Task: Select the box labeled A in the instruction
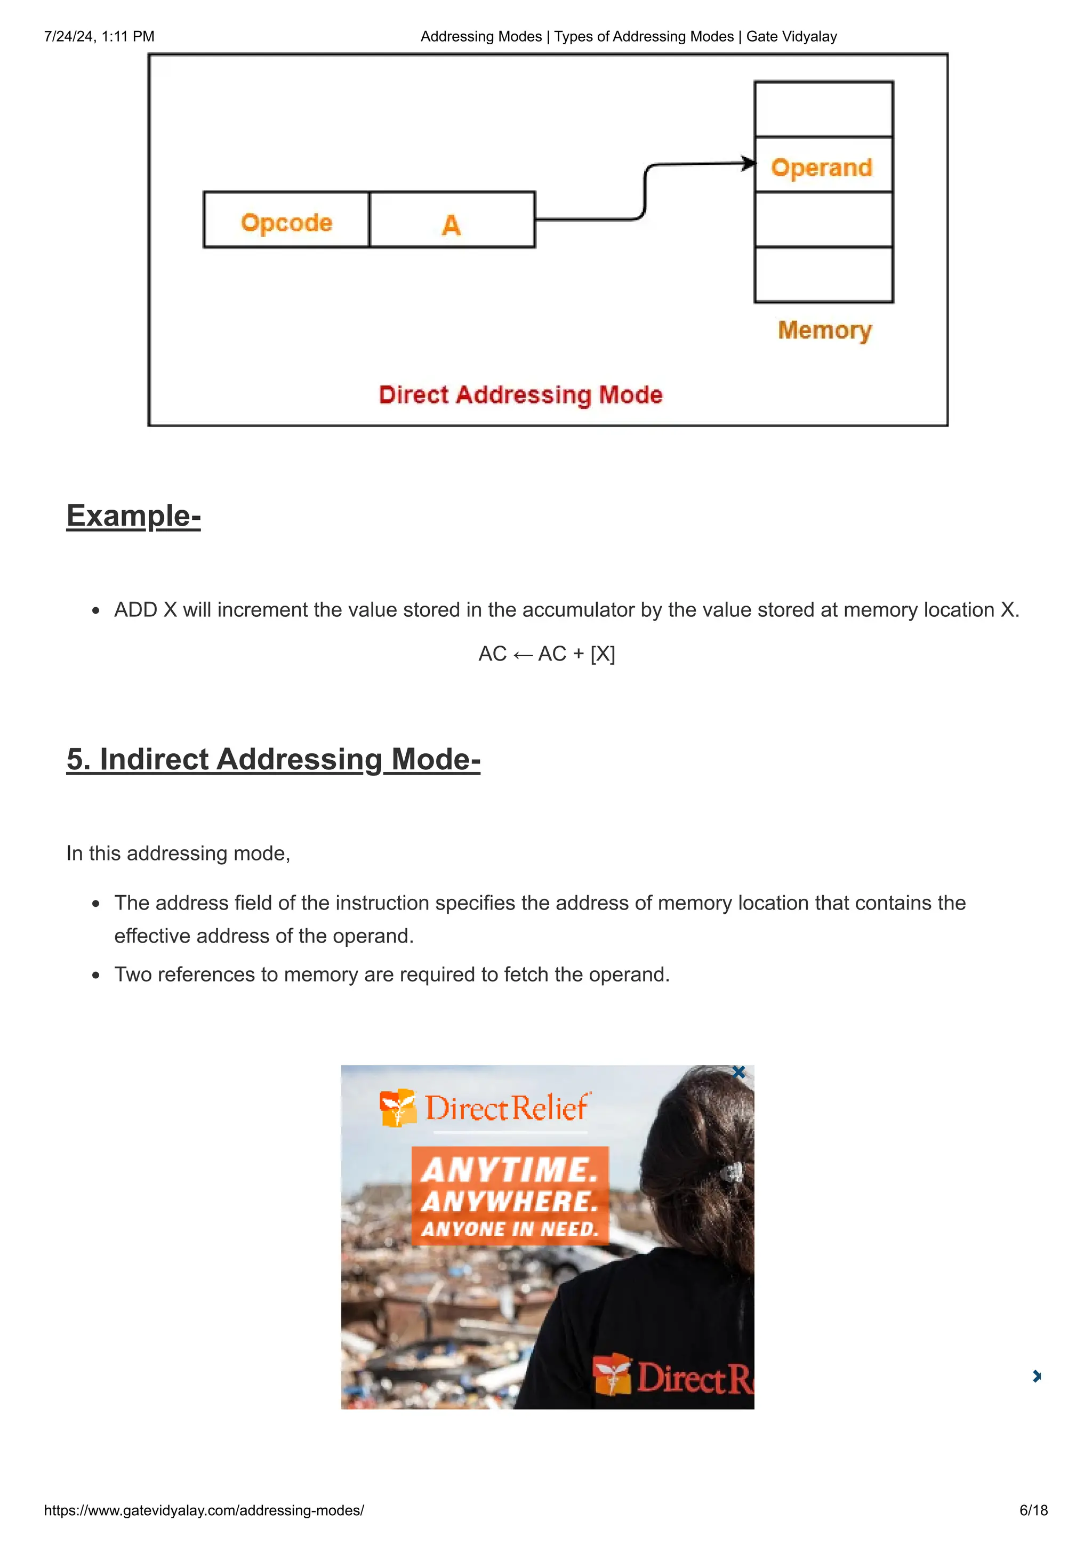pyautogui.click(x=452, y=220)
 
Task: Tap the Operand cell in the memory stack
pyautogui.click(x=823, y=165)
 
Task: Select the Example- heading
pyautogui.click(x=133, y=516)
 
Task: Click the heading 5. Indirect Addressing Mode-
pyautogui.click(x=273, y=759)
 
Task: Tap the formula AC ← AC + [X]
pyautogui.click(x=547, y=654)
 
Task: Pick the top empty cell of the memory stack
pyautogui.click(x=823, y=109)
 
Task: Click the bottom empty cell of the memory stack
pyautogui.click(x=823, y=275)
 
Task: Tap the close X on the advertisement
pyautogui.click(x=738, y=1073)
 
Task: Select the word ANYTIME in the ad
pyautogui.click(x=509, y=1170)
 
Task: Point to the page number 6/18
pyautogui.click(x=1033, y=1510)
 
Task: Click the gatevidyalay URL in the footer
pyautogui.click(x=204, y=1510)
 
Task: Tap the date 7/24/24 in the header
pyautogui.click(x=69, y=36)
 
